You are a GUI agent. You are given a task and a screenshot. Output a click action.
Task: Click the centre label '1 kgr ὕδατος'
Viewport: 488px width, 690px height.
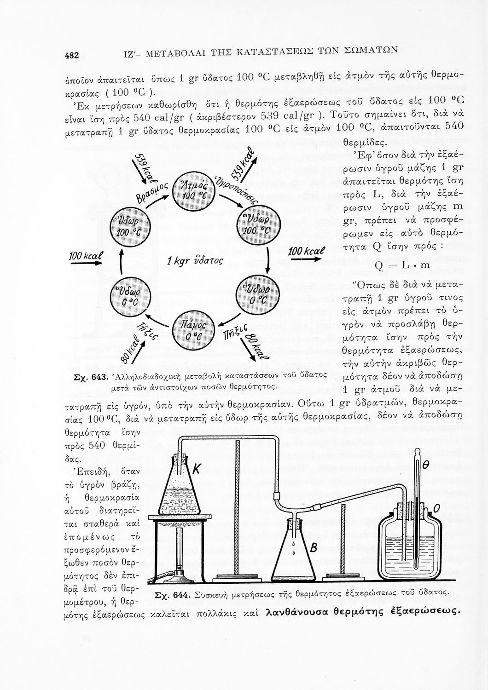195,262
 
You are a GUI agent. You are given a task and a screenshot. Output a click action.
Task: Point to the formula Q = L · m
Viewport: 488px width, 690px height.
402,265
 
